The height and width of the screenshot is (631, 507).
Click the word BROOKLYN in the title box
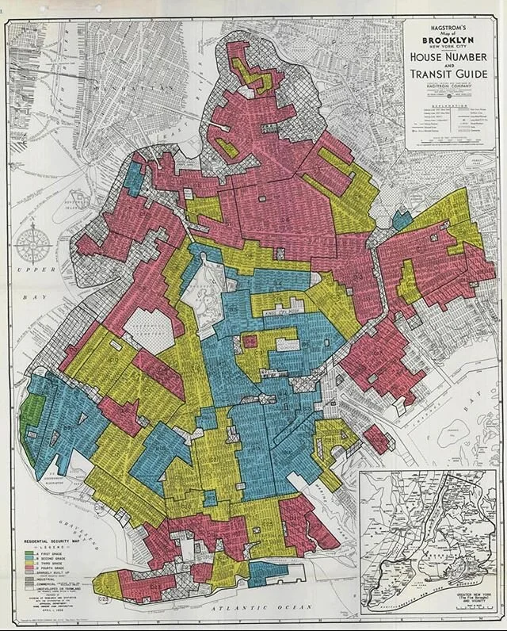coord(449,40)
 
